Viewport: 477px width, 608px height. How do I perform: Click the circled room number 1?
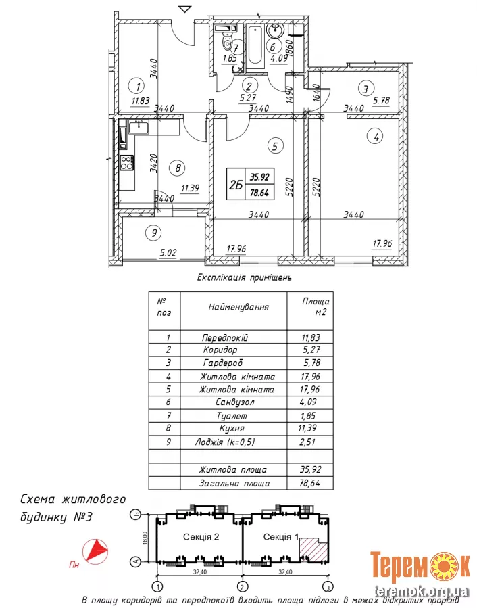point(137,86)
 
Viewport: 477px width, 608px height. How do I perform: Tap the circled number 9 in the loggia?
point(154,233)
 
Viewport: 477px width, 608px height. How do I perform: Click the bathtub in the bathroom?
point(255,46)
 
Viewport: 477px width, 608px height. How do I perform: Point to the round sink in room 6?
point(276,31)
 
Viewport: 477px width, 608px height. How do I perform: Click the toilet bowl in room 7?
point(225,41)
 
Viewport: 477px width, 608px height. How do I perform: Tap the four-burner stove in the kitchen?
point(126,162)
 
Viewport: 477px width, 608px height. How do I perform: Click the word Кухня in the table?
point(231,429)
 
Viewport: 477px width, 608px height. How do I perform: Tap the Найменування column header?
point(238,306)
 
